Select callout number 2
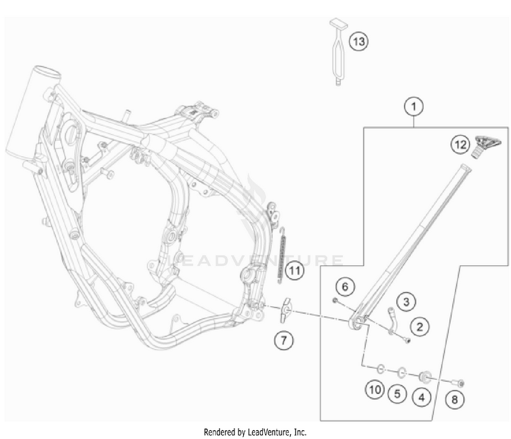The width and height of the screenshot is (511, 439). pyautogui.click(x=420, y=327)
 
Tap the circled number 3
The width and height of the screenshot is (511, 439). pyautogui.click(x=406, y=301)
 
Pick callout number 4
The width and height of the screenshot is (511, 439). pyautogui.click(x=422, y=393)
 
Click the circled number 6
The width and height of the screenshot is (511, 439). pyautogui.click(x=345, y=287)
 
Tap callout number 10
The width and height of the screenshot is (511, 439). pyautogui.click(x=374, y=391)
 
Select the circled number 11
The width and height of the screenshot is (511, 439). pyautogui.click(x=293, y=271)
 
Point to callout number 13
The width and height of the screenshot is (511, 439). pyautogui.click(x=358, y=42)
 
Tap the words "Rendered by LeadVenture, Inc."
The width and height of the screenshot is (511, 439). pyautogui.click(x=255, y=432)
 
